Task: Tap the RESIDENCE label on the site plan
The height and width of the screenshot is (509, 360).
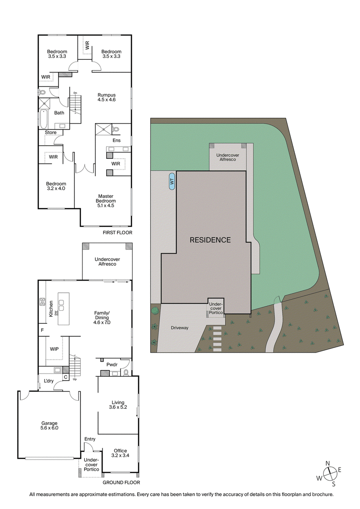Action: [x=210, y=240]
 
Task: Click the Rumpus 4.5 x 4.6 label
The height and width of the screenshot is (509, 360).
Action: [x=107, y=98]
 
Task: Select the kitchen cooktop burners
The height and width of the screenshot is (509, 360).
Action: [x=42, y=303]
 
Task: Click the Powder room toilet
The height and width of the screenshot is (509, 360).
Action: [x=126, y=372]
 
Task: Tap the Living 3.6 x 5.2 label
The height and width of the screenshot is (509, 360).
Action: [x=118, y=405]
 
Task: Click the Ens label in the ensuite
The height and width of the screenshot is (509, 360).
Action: [x=117, y=141]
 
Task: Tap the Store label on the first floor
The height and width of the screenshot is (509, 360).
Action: [x=50, y=133]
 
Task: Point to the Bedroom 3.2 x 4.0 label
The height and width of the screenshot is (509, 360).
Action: [x=56, y=186]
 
